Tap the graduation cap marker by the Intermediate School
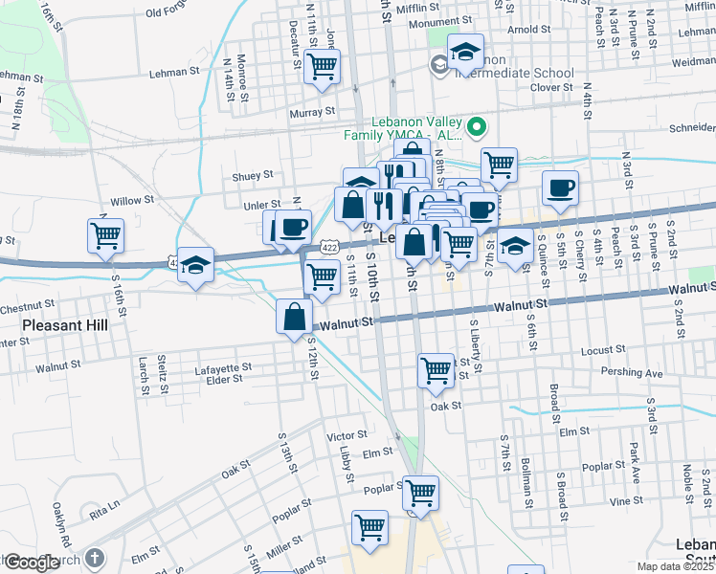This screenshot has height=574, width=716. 464,54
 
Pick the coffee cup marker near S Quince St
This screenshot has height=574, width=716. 560,188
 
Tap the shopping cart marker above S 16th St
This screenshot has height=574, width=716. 105,235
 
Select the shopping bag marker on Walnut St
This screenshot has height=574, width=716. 295,318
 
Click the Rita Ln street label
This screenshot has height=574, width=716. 104,504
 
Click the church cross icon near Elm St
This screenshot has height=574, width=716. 94,557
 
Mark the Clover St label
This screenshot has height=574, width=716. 550,87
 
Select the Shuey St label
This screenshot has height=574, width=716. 253,175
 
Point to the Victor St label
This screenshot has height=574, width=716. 347,435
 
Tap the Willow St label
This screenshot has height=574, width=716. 132,201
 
